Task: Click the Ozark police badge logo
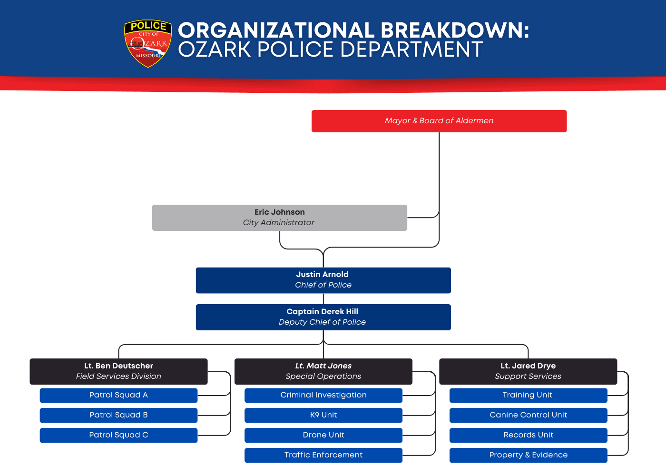point(148,43)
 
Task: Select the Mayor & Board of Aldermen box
point(439,121)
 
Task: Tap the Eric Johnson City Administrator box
point(279,218)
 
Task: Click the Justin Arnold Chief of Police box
point(323,280)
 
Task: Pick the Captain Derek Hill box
point(323,317)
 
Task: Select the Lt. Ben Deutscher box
point(118,371)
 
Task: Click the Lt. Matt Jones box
point(323,371)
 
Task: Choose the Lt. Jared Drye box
point(528,371)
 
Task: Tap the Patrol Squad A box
point(118,395)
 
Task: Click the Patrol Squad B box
point(118,415)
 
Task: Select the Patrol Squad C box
point(118,435)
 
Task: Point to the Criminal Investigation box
point(323,395)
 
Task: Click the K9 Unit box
point(323,415)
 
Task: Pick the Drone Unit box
point(323,435)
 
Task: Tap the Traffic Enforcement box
point(323,455)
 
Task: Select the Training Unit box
point(528,395)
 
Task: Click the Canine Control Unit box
point(528,415)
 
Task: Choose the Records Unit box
point(528,435)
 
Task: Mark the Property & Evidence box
point(528,455)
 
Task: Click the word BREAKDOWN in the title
point(454,30)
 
